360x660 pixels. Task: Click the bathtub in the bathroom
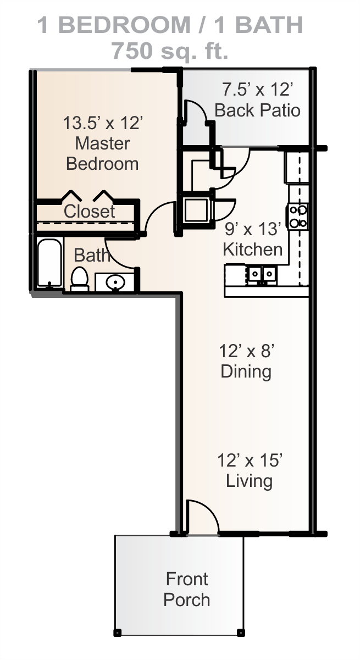[49, 263]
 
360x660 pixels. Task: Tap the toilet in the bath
[80, 279]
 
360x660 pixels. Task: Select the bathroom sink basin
[115, 283]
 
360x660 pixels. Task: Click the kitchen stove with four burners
[297, 217]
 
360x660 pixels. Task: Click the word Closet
[89, 211]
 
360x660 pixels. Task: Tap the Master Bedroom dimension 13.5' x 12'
[103, 123]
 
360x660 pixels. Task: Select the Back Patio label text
[257, 110]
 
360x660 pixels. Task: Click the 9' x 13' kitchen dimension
[252, 229]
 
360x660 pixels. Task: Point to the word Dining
[246, 372]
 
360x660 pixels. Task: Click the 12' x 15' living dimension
[250, 460]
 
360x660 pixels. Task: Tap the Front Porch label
[187, 589]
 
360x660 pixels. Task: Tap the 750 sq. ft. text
[170, 51]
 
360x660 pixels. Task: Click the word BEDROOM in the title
[125, 25]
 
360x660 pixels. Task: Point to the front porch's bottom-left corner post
[117, 633]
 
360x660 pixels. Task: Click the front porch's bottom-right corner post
[241, 633]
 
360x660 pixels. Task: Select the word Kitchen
[253, 249]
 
